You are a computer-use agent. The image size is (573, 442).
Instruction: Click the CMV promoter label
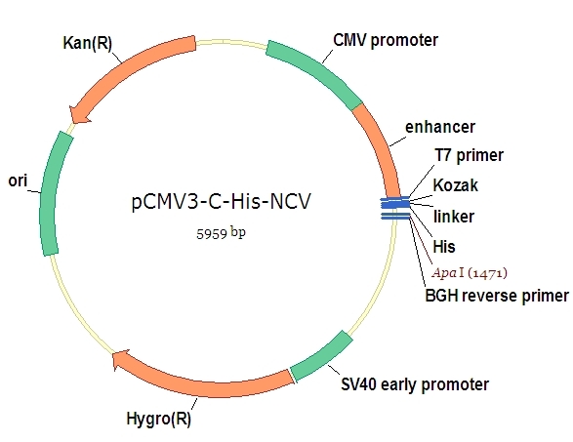[386, 40]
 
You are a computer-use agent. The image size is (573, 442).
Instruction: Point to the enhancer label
[439, 127]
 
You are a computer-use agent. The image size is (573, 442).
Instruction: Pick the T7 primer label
[469, 155]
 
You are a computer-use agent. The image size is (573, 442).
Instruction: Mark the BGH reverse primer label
[496, 296]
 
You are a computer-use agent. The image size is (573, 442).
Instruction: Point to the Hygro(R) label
[159, 421]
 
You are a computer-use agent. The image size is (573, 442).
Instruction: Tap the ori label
[18, 180]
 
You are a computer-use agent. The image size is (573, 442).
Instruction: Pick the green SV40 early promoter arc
[323, 357]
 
